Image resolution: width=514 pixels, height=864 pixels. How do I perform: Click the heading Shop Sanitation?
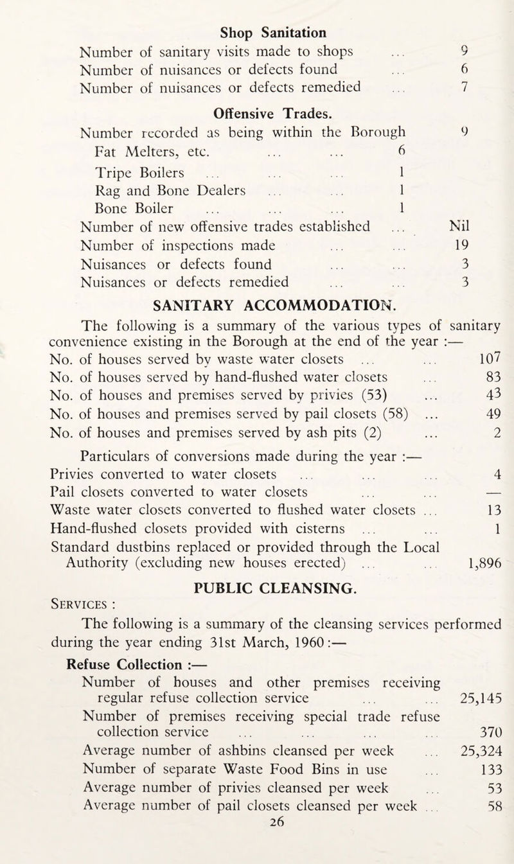point(274,31)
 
